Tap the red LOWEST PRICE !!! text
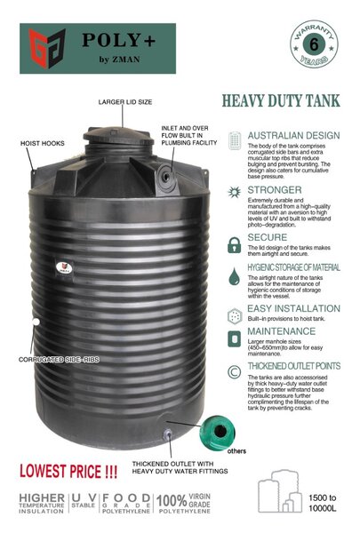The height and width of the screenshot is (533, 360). (58, 468)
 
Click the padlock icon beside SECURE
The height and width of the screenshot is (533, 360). (234, 244)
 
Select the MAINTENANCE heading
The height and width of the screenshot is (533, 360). (280, 332)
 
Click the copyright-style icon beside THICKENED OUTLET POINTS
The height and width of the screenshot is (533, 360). (234, 370)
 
